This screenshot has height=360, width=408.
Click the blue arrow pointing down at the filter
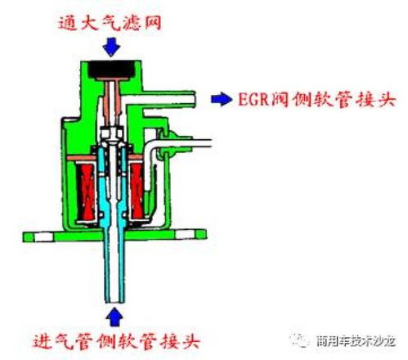coord(111,47)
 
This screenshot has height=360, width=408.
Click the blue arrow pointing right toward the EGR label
coord(222,99)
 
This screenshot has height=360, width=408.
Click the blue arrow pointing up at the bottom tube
coord(114,317)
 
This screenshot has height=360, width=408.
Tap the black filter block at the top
coord(111,70)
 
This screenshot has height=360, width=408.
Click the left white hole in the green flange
coord(43,236)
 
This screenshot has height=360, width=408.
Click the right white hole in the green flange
coord(184,235)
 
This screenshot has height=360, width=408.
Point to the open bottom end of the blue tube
coord(114,301)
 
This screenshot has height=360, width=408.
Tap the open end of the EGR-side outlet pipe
coord(194,99)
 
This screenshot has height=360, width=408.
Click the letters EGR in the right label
coord(253,99)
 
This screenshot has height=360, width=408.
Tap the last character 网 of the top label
coord(153,22)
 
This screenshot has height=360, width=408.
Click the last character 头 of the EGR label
coord(387,99)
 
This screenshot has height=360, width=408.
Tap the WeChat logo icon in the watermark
coord(300,340)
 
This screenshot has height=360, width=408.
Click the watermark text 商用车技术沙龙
coord(356,341)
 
